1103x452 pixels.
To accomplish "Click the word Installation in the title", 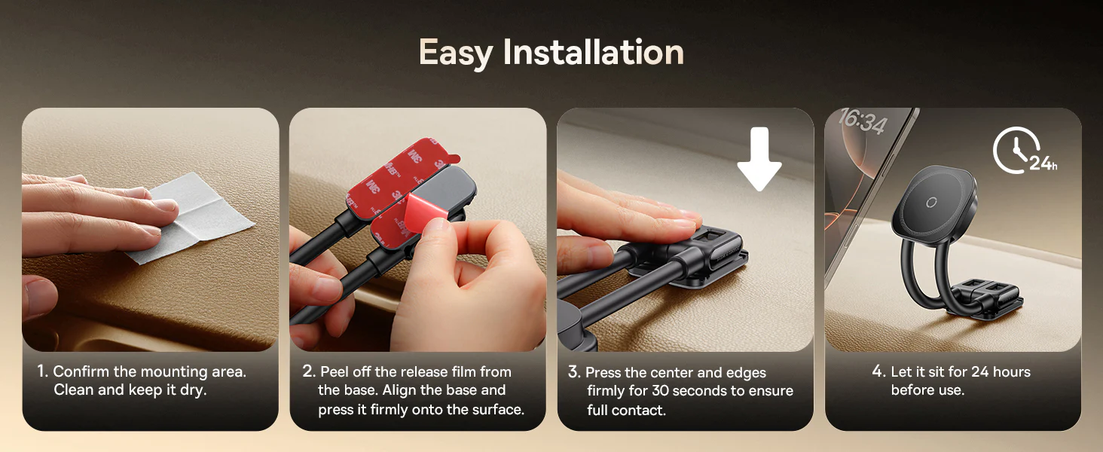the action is [x=594, y=51].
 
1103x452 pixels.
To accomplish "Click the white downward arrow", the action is [x=759, y=158].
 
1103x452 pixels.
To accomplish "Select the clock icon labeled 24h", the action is [x=1024, y=150].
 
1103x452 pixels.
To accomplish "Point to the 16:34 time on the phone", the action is [x=863, y=121].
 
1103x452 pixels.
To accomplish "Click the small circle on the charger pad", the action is [x=931, y=202].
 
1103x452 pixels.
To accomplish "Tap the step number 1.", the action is [x=42, y=371].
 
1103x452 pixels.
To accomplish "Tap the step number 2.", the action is [x=309, y=371].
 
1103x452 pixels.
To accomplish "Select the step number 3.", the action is [x=574, y=371].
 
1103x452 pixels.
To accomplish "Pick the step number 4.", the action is [x=879, y=371].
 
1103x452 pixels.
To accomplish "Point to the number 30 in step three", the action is [x=661, y=391].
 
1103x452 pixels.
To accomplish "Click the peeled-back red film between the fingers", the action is [x=426, y=212].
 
